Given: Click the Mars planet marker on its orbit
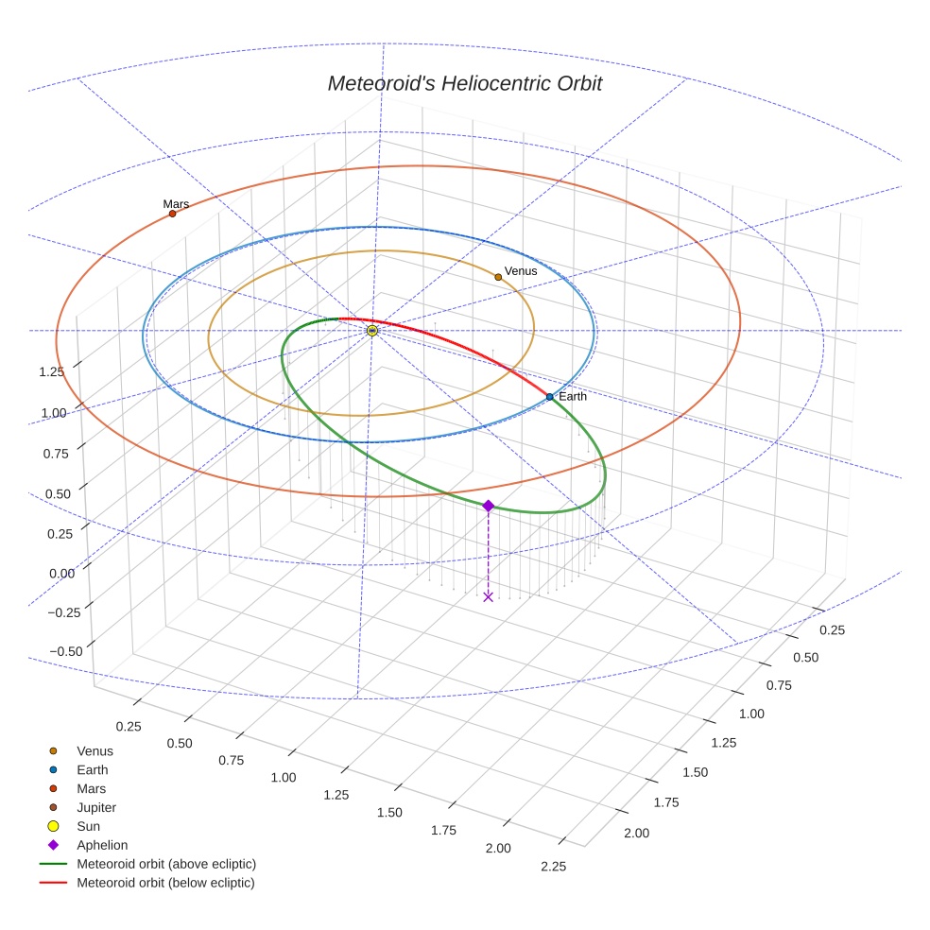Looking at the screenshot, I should pos(172,214).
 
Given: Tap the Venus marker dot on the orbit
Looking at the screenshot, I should pos(498,277).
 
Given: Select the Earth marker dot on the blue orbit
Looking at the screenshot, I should pos(549,397).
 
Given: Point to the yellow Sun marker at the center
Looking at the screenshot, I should pos(372,331).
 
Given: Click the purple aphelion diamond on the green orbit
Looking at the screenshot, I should pos(488,507).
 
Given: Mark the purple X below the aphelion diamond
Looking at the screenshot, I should pos(488,596).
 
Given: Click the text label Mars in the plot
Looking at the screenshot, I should pos(176,203).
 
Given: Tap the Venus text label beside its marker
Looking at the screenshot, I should pos(521,271).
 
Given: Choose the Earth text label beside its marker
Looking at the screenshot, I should pos(573,397).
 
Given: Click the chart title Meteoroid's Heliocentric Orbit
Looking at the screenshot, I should pos(465,83).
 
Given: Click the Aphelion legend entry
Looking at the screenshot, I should pos(102,845).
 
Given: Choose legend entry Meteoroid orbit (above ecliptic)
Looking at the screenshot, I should pos(166,864).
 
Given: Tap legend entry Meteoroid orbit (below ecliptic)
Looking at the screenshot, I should pos(165,883).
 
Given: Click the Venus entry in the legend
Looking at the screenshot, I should pos(95,750).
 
